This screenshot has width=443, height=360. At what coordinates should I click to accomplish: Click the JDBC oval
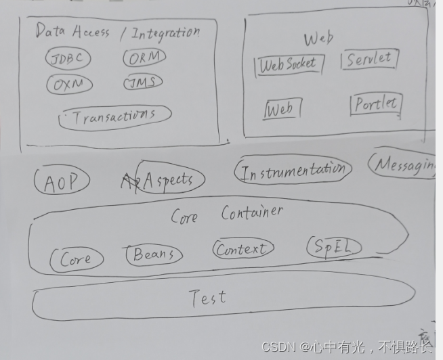coord(68,59)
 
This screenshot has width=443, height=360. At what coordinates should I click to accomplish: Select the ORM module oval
coord(144,58)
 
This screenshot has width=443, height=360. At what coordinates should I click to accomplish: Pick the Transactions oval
coord(114,116)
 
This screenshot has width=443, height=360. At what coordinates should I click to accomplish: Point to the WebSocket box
coord(288,64)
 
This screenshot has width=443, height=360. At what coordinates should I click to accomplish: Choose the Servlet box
coord(369,59)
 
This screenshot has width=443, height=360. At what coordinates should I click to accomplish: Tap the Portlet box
coord(376,104)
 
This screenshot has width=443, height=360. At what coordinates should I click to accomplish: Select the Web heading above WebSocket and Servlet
coord(318,38)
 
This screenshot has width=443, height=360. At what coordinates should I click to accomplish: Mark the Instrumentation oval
coord(293,171)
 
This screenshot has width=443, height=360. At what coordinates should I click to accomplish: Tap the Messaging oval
coord(404,164)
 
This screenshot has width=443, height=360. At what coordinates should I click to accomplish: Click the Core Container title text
coord(226,215)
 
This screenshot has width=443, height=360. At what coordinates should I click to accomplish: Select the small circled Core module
coord(76,258)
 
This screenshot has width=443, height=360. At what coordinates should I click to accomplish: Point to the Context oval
coord(242,250)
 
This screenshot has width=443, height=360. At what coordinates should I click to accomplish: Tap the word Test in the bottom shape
coord(208,298)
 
